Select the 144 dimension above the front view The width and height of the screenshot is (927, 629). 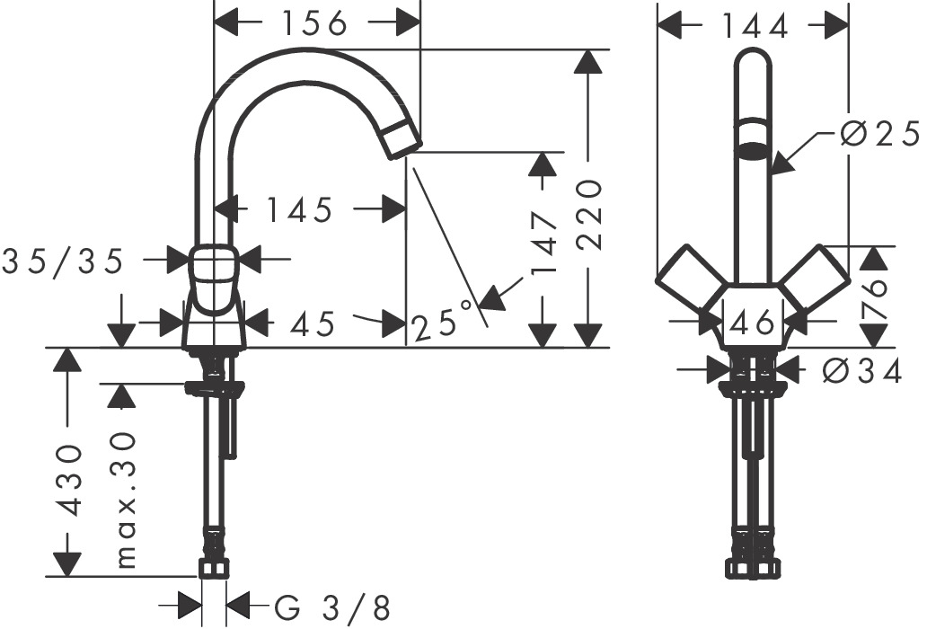[x=754, y=28]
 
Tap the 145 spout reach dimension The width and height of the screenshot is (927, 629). [x=299, y=210]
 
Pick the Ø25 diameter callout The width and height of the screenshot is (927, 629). [x=879, y=135]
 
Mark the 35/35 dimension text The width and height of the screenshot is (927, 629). [x=62, y=261]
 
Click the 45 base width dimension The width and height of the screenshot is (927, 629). [x=313, y=322]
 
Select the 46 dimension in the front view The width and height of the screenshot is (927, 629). [x=753, y=322]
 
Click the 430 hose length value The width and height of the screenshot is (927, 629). [x=69, y=479]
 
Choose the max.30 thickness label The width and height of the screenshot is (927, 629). [x=126, y=500]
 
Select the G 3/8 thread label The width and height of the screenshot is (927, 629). [x=332, y=609]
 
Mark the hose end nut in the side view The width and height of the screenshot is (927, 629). [x=214, y=567]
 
